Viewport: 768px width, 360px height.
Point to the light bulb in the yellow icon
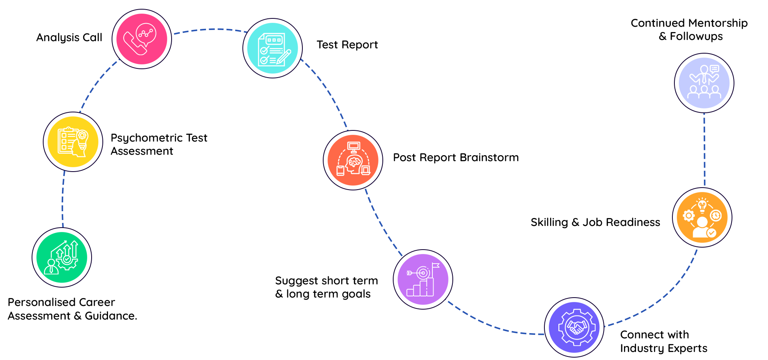pos(82,136)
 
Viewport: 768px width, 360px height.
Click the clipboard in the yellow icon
pos(67,140)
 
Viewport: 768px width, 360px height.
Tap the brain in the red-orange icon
pos(354,162)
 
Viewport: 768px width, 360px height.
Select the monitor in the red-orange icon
pos(354,147)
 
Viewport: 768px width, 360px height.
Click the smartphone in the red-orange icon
pos(340,170)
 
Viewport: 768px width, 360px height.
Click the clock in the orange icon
pos(716,216)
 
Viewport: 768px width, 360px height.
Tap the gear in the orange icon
pos(688,216)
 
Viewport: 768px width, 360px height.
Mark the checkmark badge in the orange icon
pos(711,233)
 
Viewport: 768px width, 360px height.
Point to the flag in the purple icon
pos(435,266)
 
